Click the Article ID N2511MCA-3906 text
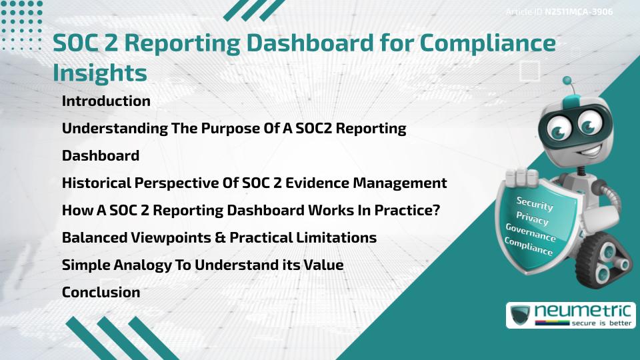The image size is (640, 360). [559, 11]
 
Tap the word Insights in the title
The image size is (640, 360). [99, 72]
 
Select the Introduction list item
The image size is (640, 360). [106, 101]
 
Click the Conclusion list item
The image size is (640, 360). [101, 292]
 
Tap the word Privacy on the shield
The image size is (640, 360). [532, 219]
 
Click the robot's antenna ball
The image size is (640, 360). [567, 81]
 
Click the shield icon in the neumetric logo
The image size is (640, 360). [520, 315]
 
